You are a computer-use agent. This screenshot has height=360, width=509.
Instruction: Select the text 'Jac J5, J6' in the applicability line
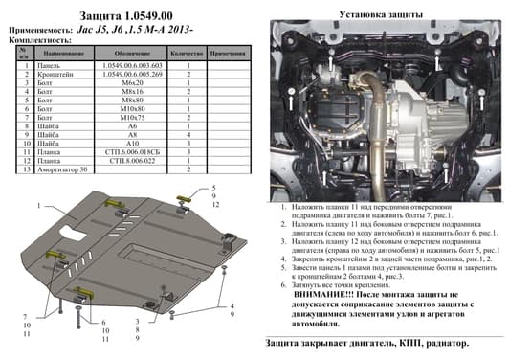coord(108,29)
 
